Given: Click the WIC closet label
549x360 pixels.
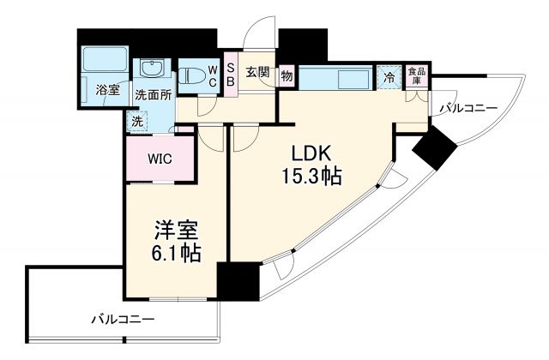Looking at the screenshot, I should click(159, 158).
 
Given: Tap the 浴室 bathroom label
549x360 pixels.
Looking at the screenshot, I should click(106, 88).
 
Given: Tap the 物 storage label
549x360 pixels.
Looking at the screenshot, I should click(287, 75).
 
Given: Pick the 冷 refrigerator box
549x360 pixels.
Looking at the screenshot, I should click(389, 76).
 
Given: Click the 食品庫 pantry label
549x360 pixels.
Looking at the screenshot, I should click(415, 75).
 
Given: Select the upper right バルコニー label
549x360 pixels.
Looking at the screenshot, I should click(468, 109).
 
